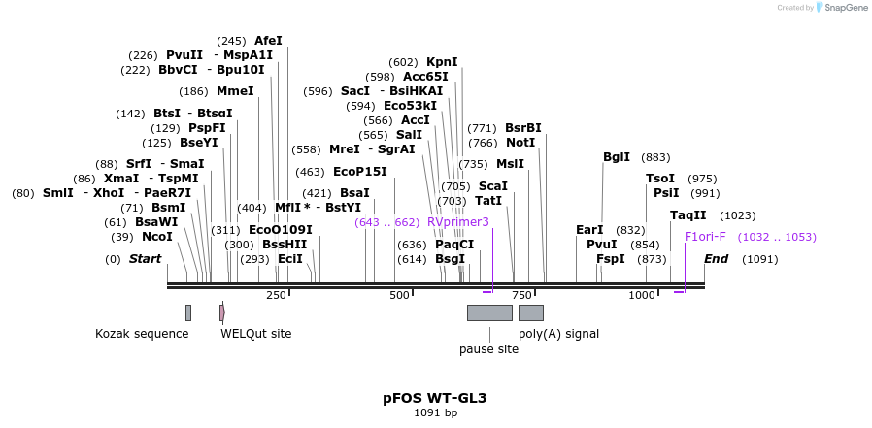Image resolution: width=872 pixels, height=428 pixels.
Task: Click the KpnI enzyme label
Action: (442, 62)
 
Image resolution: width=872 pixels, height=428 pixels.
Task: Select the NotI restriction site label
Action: (520, 143)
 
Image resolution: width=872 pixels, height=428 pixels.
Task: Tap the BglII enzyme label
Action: (617, 157)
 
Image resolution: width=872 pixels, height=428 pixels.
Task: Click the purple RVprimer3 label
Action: (458, 222)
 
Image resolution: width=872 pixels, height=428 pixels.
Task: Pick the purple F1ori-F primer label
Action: (705, 237)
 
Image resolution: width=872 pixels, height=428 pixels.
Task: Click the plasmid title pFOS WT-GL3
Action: (435, 398)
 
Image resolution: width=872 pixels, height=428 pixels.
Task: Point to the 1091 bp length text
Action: (435, 413)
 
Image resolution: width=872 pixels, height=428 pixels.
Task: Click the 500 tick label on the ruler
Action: (399, 295)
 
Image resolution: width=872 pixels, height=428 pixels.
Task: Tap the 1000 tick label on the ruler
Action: (642, 295)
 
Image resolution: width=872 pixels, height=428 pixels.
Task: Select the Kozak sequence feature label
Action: (142, 334)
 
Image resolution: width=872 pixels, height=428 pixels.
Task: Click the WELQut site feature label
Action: (255, 334)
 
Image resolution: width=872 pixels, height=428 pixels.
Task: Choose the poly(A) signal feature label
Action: (558, 334)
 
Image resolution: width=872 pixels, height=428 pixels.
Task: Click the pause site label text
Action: (488, 349)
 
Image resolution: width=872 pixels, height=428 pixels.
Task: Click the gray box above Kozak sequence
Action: (188, 313)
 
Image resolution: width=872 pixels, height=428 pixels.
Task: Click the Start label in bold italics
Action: (145, 259)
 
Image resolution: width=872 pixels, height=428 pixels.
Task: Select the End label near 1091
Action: (716, 259)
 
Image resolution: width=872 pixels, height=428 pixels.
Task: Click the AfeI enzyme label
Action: (268, 41)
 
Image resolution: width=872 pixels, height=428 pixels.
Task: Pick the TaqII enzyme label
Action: (688, 215)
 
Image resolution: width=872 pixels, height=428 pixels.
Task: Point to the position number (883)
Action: (655, 157)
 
